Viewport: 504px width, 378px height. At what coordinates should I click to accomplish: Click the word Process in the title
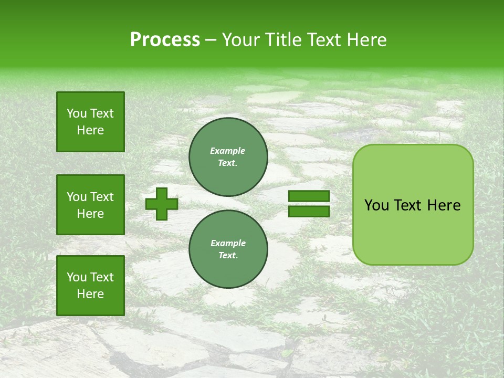coord(165,40)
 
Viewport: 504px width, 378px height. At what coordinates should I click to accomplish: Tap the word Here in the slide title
coord(366,40)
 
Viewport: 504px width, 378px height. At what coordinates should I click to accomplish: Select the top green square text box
coord(90,122)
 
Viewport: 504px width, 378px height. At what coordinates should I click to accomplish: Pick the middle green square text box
coord(90,205)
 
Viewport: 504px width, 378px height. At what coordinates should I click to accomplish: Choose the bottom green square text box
coord(90,286)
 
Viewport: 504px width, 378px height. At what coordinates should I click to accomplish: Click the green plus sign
coord(162,204)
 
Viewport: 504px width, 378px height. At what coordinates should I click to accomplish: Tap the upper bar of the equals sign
coord(309,196)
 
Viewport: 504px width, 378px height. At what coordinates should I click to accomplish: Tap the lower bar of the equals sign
coord(309,211)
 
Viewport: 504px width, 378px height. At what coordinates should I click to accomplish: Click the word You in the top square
coord(77,113)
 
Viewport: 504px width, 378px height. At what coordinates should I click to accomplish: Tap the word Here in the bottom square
coord(90,294)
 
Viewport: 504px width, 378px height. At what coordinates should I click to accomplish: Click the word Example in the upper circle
coord(228,151)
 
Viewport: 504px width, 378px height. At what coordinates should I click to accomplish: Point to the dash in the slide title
coord(211,40)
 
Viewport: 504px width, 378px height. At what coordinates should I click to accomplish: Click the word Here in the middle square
coord(90,214)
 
